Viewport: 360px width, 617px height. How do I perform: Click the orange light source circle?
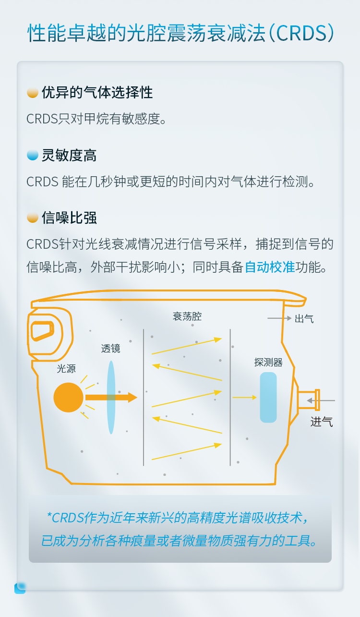pyautogui.click(x=68, y=397)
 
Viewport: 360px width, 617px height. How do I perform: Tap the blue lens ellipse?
pyautogui.click(x=111, y=397)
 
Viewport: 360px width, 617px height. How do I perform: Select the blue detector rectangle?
pyautogui.click(x=268, y=397)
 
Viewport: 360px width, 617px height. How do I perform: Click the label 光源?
pyautogui.click(x=66, y=369)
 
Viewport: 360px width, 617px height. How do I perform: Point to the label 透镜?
pyautogui.click(x=111, y=349)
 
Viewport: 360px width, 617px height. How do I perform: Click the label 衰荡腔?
pyautogui.click(x=187, y=316)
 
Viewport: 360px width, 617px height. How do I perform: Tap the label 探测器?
pyautogui.click(x=268, y=362)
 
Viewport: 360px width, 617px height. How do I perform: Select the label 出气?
pyautogui.click(x=304, y=319)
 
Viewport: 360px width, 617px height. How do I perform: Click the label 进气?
pyautogui.click(x=322, y=422)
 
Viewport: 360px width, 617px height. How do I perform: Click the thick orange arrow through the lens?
pyautogui.click(x=111, y=397)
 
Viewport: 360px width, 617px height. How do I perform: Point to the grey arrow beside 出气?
pyautogui.click(x=279, y=318)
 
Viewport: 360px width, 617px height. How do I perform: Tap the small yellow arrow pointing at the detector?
pyautogui.click(x=245, y=397)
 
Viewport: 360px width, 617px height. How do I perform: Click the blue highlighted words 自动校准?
pyautogui.click(x=270, y=267)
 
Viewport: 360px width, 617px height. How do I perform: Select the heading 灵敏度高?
pyautogui.click(x=69, y=155)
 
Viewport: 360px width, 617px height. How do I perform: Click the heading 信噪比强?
pyautogui.click(x=69, y=218)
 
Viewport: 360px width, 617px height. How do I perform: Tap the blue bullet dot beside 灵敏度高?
pyautogui.click(x=33, y=155)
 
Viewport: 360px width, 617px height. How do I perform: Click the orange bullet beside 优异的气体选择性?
pyautogui.click(x=33, y=93)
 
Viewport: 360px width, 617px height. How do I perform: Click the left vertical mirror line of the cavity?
pyautogui.click(x=144, y=397)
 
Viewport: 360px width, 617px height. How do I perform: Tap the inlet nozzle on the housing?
pyautogui.click(x=309, y=400)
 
